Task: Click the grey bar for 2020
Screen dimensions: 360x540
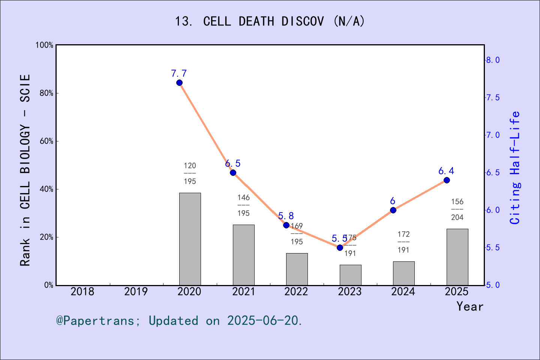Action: tap(190, 239)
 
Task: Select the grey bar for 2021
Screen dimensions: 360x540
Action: tap(243, 255)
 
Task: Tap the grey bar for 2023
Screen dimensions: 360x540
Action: tap(350, 275)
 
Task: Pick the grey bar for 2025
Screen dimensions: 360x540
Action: tap(457, 257)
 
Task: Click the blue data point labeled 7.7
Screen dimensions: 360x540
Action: tap(179, 83)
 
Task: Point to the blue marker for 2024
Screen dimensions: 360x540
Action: tap(393, 210)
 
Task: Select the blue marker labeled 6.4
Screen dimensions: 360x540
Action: tap(447, 180)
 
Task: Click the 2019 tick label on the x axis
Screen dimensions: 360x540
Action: tap(136, 291)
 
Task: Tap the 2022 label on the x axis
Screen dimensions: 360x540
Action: tap(296, 291)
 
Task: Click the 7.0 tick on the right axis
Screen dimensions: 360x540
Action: tap(493, 135)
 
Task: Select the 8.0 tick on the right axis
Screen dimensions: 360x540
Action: tap(493, 60)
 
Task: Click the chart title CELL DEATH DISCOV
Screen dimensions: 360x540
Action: tap(270, 21)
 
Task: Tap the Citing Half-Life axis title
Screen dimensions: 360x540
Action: tap(515, 168)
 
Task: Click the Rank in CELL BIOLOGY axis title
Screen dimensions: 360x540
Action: tap(25, 170)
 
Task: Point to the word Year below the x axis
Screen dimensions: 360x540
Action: tap(470, 306)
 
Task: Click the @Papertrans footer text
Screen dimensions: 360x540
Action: tap(179, 321)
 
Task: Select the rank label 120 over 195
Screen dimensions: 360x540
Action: tap(190, 173)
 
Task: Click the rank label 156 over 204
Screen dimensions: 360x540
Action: tap(457, 209)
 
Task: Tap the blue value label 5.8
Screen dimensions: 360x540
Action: tap(286, 216)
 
